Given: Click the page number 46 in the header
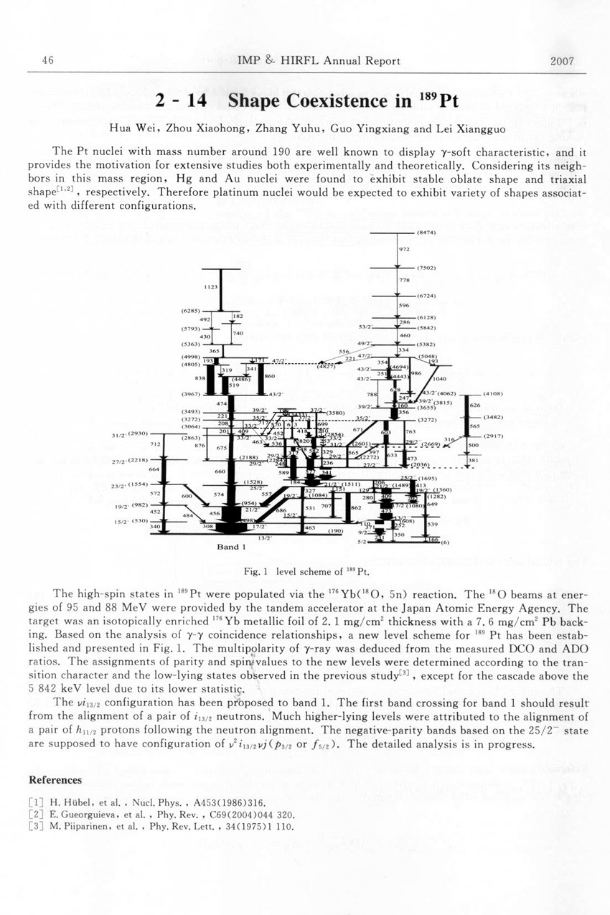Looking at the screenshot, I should point(49,61).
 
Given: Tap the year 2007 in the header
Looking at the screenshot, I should point(562,61).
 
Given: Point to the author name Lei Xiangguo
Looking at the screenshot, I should point(452,130).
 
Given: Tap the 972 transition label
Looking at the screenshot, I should point(403,250).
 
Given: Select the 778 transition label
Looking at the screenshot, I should point(403,280).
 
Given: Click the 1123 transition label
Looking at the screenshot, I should point(210,286).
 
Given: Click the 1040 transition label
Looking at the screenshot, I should point(439,378).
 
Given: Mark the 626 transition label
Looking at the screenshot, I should point(474,405).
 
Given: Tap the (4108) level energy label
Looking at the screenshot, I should point(493,394).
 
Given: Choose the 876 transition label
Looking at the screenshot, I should point(200,446).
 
